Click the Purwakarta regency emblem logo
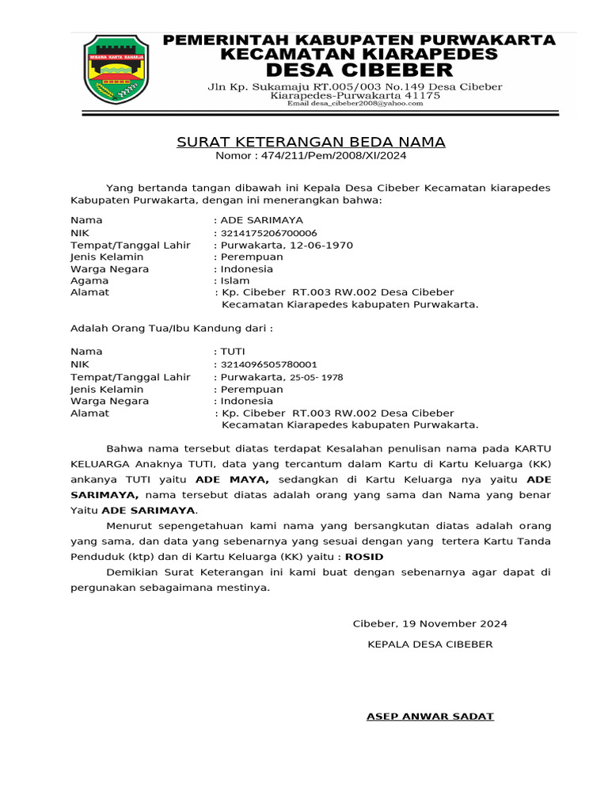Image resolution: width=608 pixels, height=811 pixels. click(116, 70)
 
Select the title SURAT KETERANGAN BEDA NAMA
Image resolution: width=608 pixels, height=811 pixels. click(310, 143)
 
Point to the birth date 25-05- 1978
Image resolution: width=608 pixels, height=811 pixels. click(317, 377)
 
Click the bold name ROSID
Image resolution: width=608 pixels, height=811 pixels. click(364, 556)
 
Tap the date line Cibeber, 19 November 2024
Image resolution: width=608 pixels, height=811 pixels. click(430, 623)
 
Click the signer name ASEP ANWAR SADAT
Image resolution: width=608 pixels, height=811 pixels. click(430, 716)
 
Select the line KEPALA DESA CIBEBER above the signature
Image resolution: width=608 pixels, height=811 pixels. click(430, 644)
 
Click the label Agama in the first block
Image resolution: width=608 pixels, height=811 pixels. click(90, 280)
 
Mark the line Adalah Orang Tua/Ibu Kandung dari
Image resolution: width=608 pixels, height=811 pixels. click(172, 327)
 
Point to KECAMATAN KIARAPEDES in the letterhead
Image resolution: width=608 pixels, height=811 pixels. click(359, 54)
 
